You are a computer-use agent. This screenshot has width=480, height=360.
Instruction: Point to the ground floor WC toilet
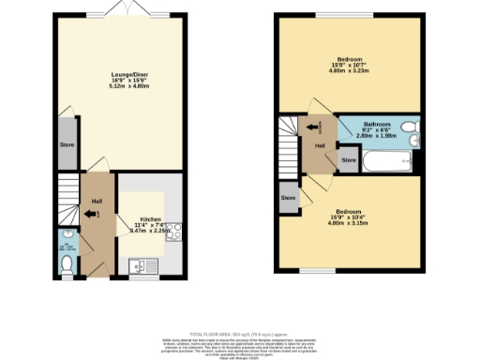click(x=67, y=265)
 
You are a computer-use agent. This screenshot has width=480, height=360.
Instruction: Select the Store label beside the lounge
click(x=67, y=145)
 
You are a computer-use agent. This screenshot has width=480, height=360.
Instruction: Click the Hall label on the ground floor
click(x=97, y=201)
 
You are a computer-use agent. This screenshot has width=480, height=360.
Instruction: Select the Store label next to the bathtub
click(x=349, y=161)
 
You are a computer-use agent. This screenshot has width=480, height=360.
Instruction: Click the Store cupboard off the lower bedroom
click(x=287, y=198)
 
